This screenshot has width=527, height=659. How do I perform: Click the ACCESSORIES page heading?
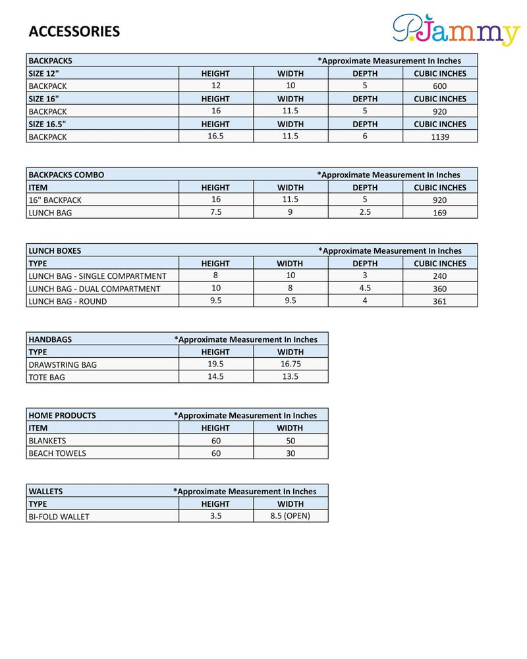74,32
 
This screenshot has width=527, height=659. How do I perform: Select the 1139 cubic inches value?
439,137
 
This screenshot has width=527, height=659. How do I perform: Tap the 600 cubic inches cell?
439,86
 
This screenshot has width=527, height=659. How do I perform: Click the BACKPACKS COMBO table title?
66,175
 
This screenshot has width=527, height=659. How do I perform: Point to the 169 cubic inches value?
439,213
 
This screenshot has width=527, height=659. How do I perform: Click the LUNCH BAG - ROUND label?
67,301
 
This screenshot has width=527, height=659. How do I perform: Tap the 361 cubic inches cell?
439,301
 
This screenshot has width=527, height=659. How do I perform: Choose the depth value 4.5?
365,288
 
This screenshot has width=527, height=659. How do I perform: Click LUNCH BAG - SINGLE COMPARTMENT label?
97,276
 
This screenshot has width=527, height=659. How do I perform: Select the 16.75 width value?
290,364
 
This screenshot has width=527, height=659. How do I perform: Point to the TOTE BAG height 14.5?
215,376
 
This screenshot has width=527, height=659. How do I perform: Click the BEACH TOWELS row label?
57,453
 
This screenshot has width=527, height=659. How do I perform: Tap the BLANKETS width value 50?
291,440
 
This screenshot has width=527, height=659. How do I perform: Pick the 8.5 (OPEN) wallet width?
290,516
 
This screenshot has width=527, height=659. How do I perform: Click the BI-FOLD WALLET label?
59,517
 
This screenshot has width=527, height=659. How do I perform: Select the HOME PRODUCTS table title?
62,415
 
